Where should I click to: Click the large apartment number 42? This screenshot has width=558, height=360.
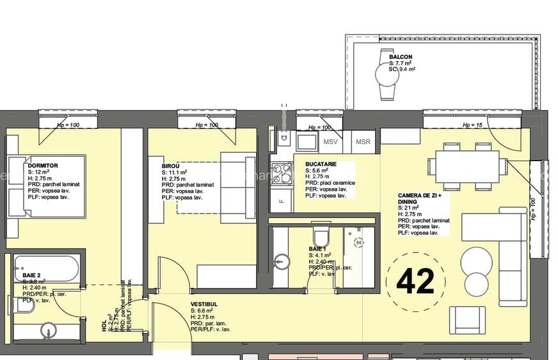(x=415, y=280)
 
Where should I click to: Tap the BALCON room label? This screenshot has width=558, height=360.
(x=401, y=58)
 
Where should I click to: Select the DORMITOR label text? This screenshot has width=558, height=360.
(x=43, y=166)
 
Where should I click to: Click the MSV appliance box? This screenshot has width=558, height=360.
(x=330, y=142)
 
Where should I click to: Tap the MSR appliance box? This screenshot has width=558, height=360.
(x=363, y=142)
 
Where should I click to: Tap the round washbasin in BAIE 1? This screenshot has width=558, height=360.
(x=280, y=261)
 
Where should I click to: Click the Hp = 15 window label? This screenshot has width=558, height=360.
(x=472, y=125)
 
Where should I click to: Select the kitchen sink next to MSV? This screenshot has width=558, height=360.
(x=307, y=141)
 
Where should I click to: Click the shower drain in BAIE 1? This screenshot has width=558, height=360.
(x=359, y=243)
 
